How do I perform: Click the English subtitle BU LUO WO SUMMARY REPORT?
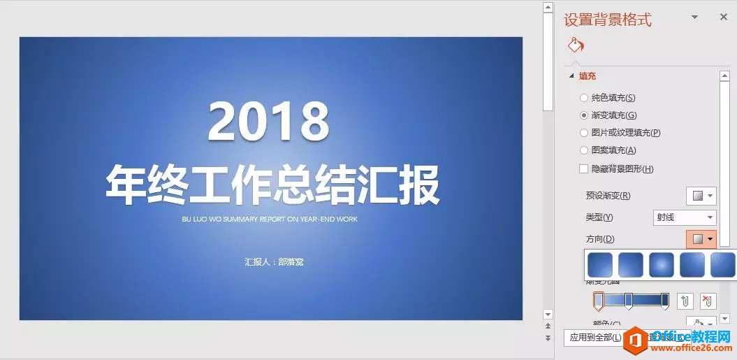[270, 219]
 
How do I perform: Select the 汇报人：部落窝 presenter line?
[274, 262]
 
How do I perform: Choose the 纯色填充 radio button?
[584, 98]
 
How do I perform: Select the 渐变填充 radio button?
[584, 115]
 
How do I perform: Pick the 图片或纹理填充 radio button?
[584, 132]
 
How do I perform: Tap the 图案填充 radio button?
[584, 150]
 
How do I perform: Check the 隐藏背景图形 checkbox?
[584, 168]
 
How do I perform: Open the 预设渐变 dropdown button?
[701, 196]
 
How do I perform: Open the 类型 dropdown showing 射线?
[685, 217]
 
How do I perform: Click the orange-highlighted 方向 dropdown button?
[701, 239]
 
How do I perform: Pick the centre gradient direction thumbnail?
[662, 265]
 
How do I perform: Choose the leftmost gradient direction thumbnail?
[600, 265]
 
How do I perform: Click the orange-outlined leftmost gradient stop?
[598, 301]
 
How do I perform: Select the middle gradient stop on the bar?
[629, 301]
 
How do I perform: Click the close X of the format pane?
[724, 17]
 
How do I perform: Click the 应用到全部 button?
[594, 338]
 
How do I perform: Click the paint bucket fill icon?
[576, 45]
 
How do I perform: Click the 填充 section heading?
[587, 75]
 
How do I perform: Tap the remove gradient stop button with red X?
[708, 301]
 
